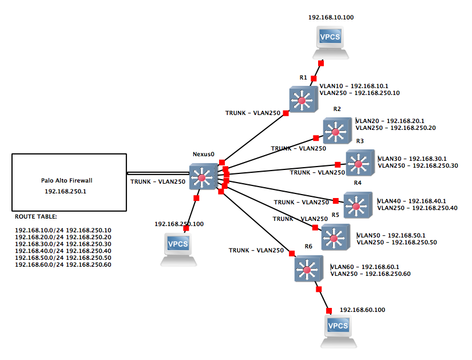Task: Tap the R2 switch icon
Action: click(336, 131)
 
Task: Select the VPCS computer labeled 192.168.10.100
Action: click(331, 41)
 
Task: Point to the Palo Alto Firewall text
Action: click(69, 180)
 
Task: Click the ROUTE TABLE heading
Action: click(36, 217)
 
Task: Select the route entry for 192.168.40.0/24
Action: click(63, 250)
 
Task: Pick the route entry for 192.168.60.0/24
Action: click(63, 264)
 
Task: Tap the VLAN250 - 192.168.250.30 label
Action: click(418, 165)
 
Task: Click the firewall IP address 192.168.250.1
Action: click(69, 191)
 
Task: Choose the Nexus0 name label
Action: click(203, 154)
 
